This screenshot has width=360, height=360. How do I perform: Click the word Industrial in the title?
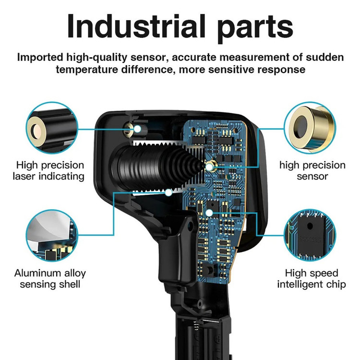(x=136, y=26)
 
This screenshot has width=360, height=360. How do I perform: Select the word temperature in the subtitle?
(x=87, y=69)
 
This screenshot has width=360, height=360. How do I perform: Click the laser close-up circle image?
(x=52, y=128)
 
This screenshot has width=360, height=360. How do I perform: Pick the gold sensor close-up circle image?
(x=310, y=128)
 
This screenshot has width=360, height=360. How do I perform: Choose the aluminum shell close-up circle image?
(x=52, y=235)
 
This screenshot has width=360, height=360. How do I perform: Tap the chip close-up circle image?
(x=310, y=235)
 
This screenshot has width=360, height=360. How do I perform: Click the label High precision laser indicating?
(x=49, y=171)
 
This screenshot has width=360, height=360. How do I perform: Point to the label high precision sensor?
(x=312, y=171)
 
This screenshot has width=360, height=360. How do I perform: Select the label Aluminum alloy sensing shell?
(x=50, y=279)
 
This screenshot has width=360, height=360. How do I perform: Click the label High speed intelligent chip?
(x=312, y=279)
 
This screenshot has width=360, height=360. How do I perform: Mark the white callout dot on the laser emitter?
(x=137, y=129)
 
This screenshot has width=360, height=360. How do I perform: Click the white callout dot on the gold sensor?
(x=209, y=167)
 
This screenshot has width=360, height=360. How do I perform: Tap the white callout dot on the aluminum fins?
(x=169, y=192)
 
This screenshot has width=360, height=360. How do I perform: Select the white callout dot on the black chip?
(x=209, y=213)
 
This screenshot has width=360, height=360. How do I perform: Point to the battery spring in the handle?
(x=196, y=325)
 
